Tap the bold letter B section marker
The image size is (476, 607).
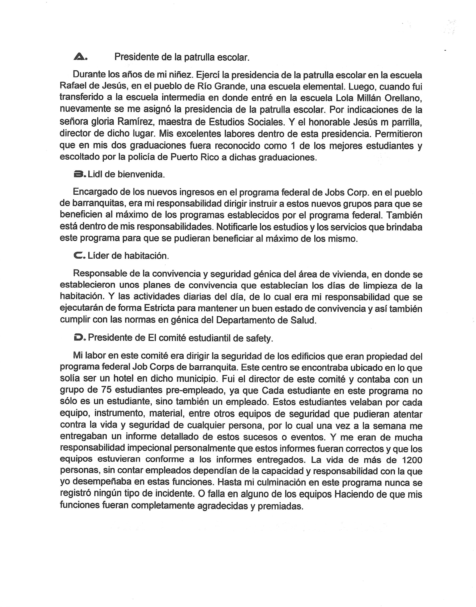79,174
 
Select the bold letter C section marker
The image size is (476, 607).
79,255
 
